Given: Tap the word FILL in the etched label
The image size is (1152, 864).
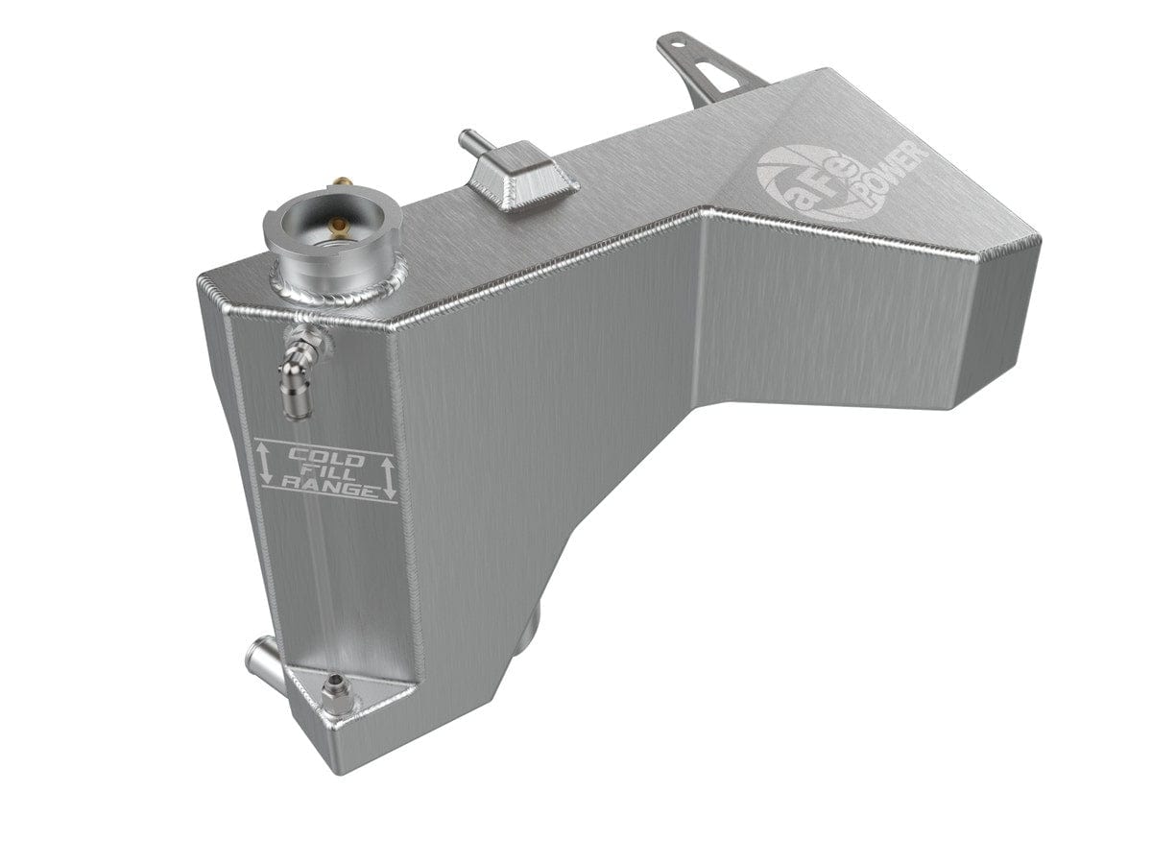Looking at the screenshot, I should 326,471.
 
